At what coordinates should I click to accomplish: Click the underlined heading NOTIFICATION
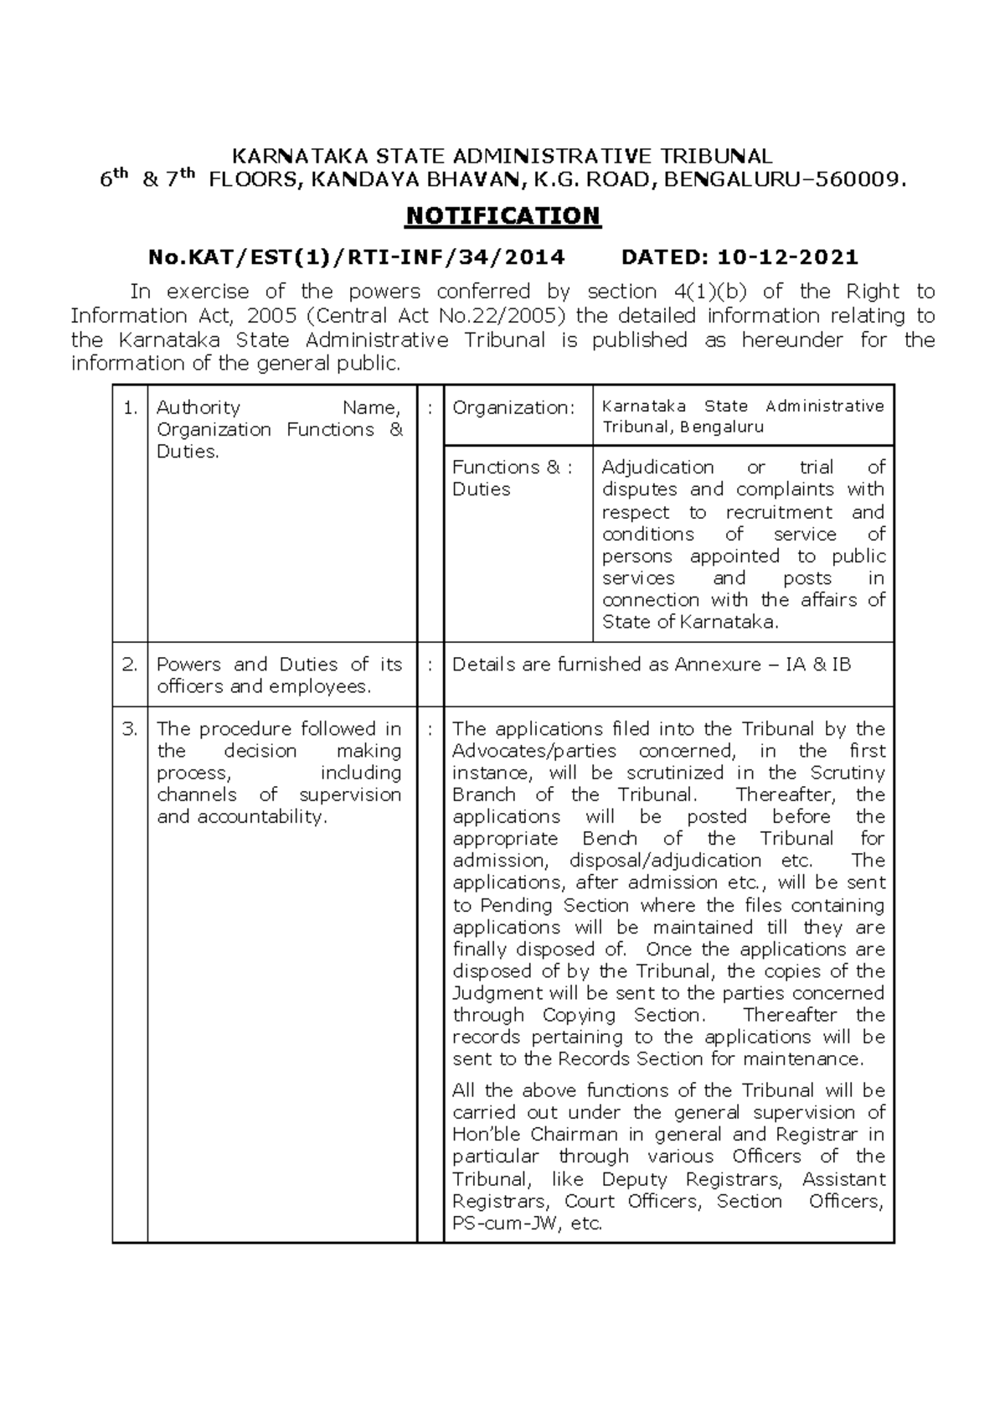pos(502,216)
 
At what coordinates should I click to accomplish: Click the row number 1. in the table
pos(130,408)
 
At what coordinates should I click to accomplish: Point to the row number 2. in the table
pos(130,665)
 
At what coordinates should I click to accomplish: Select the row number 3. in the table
pos(130,729)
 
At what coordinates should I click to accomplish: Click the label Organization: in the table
pos(513,408)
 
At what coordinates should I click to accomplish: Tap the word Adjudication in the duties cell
pos(657,468)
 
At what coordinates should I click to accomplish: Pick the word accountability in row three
pos(260,817)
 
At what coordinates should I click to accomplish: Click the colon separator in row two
pos(430,665)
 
